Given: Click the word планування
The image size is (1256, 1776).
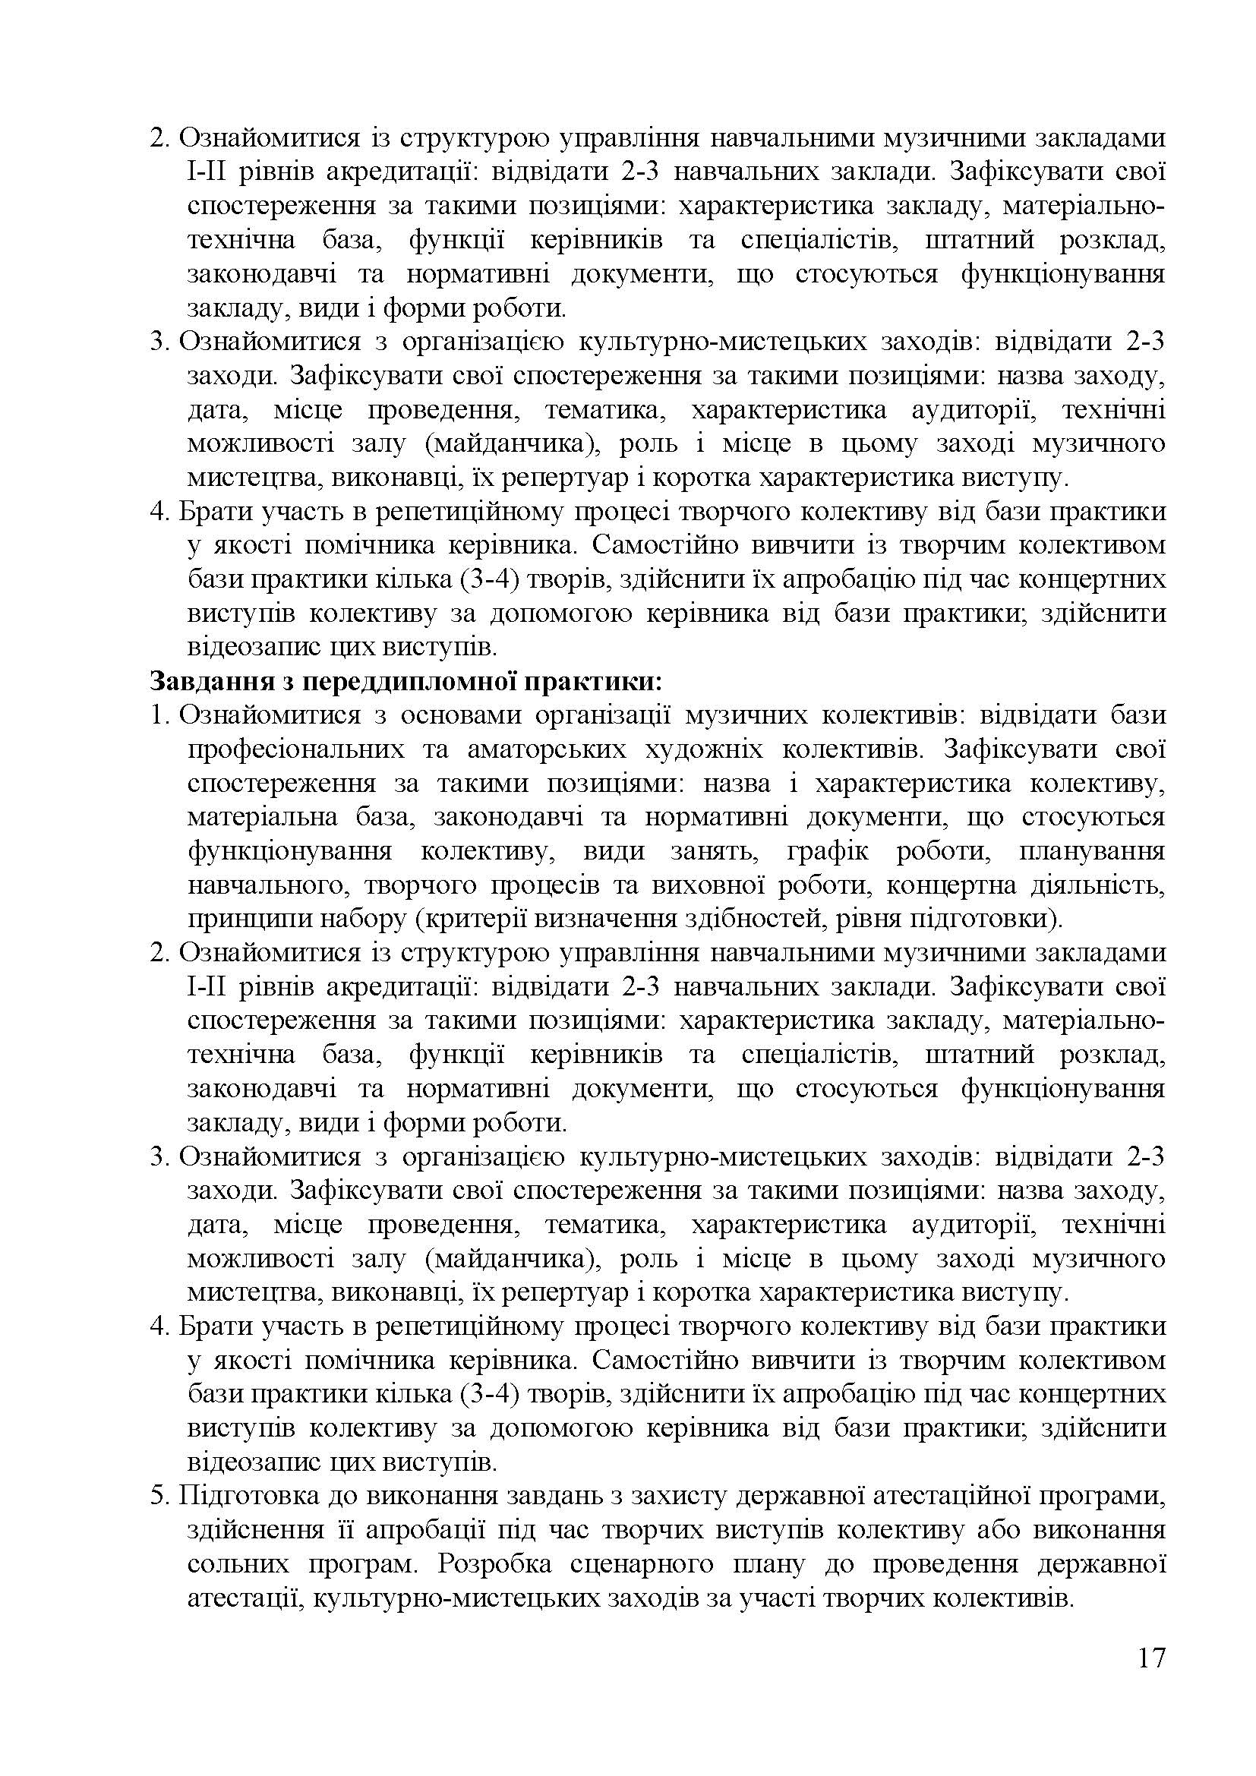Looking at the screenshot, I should point(1091,852).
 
